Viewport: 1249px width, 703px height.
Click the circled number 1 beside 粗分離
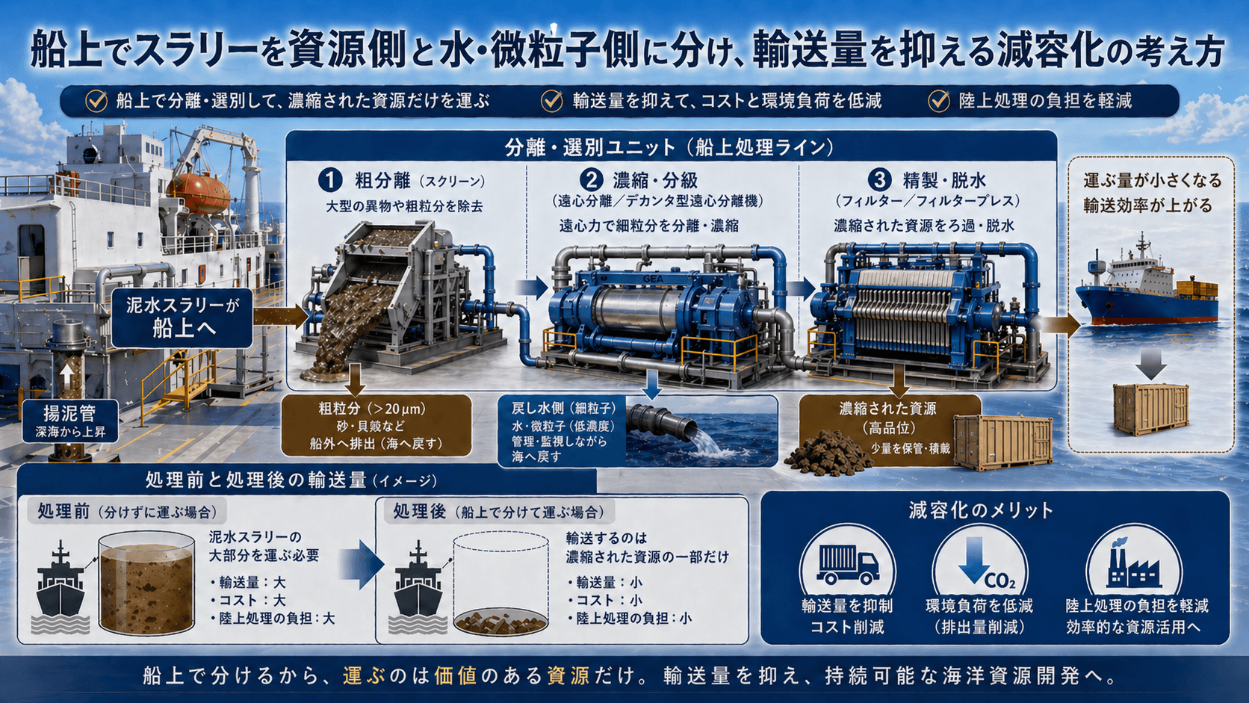329,180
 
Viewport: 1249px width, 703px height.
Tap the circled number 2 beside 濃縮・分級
591,180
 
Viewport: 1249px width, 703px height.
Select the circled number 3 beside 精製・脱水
879,180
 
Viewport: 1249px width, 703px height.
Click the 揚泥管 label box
69,420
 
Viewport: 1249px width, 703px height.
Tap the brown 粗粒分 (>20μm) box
376,425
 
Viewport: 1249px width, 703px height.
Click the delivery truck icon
848,564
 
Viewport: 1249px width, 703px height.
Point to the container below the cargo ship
1150,409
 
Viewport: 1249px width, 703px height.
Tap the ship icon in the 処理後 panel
418,590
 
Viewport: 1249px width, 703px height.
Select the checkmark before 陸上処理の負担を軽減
938,101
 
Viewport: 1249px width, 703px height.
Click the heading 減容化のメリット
981,510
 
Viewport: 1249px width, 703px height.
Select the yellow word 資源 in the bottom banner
568,676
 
